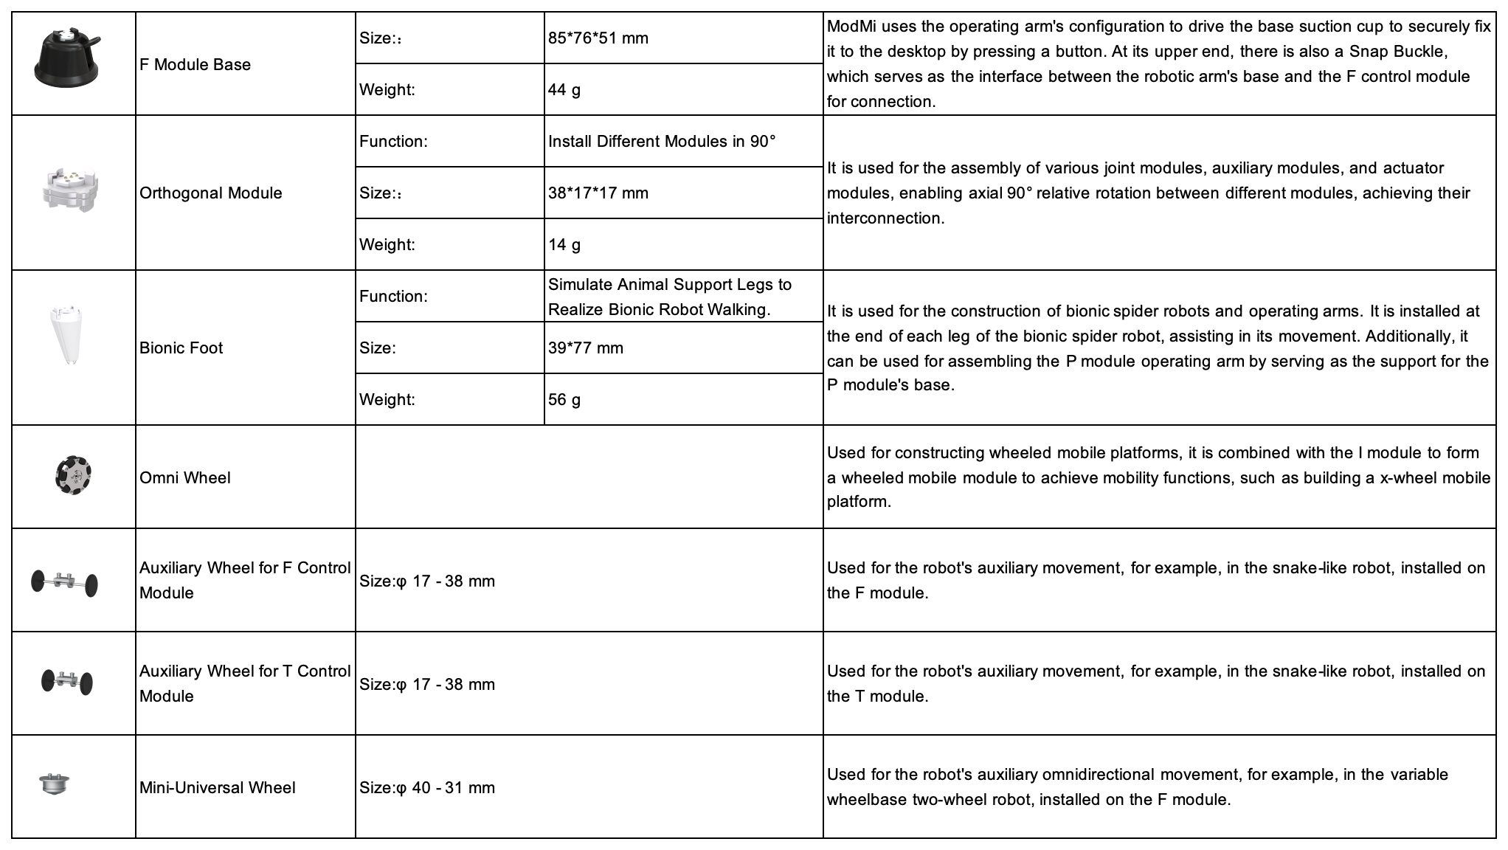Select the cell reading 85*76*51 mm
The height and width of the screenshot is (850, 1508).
(598, 38)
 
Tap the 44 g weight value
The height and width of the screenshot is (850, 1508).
(564, 89)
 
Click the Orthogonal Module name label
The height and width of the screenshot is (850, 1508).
(211, 193)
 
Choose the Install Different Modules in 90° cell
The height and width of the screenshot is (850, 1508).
(662, 141)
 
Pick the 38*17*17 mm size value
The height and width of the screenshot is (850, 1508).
(598, 193)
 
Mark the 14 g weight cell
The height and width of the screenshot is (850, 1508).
(564, 244)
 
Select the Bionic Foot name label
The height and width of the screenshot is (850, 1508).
(181, 348)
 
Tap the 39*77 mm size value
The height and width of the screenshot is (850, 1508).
(585, 348)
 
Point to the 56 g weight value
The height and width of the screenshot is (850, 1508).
(564, 399)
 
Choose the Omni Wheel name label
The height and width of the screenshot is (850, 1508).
(185, 477)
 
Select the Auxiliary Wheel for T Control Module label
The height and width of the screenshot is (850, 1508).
(245, 683)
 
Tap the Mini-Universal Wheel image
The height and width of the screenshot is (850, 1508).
(54, 784)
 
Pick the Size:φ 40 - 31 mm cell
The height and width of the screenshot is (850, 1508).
(427, 787)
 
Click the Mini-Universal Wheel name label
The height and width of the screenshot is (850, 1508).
(218, 787)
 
